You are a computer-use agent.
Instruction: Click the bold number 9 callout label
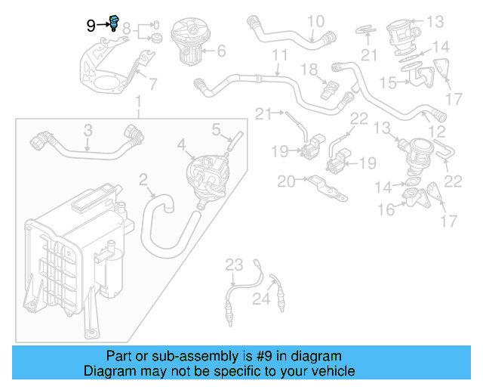(x=91, y=25)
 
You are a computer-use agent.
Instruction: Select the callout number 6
(x=221, y=51)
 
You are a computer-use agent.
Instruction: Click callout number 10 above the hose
(x=315, y=20)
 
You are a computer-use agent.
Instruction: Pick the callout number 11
(x=280, y=55)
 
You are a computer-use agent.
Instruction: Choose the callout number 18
(x=309, y=70)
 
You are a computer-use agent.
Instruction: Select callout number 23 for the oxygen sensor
(x=235, y=264)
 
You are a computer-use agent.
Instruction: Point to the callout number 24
(x=260, y=299)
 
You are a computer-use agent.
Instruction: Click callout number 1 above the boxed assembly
(x=137, y=101)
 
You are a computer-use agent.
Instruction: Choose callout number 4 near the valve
(x=181, y=143)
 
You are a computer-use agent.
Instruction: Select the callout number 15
(x=387, y=81)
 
